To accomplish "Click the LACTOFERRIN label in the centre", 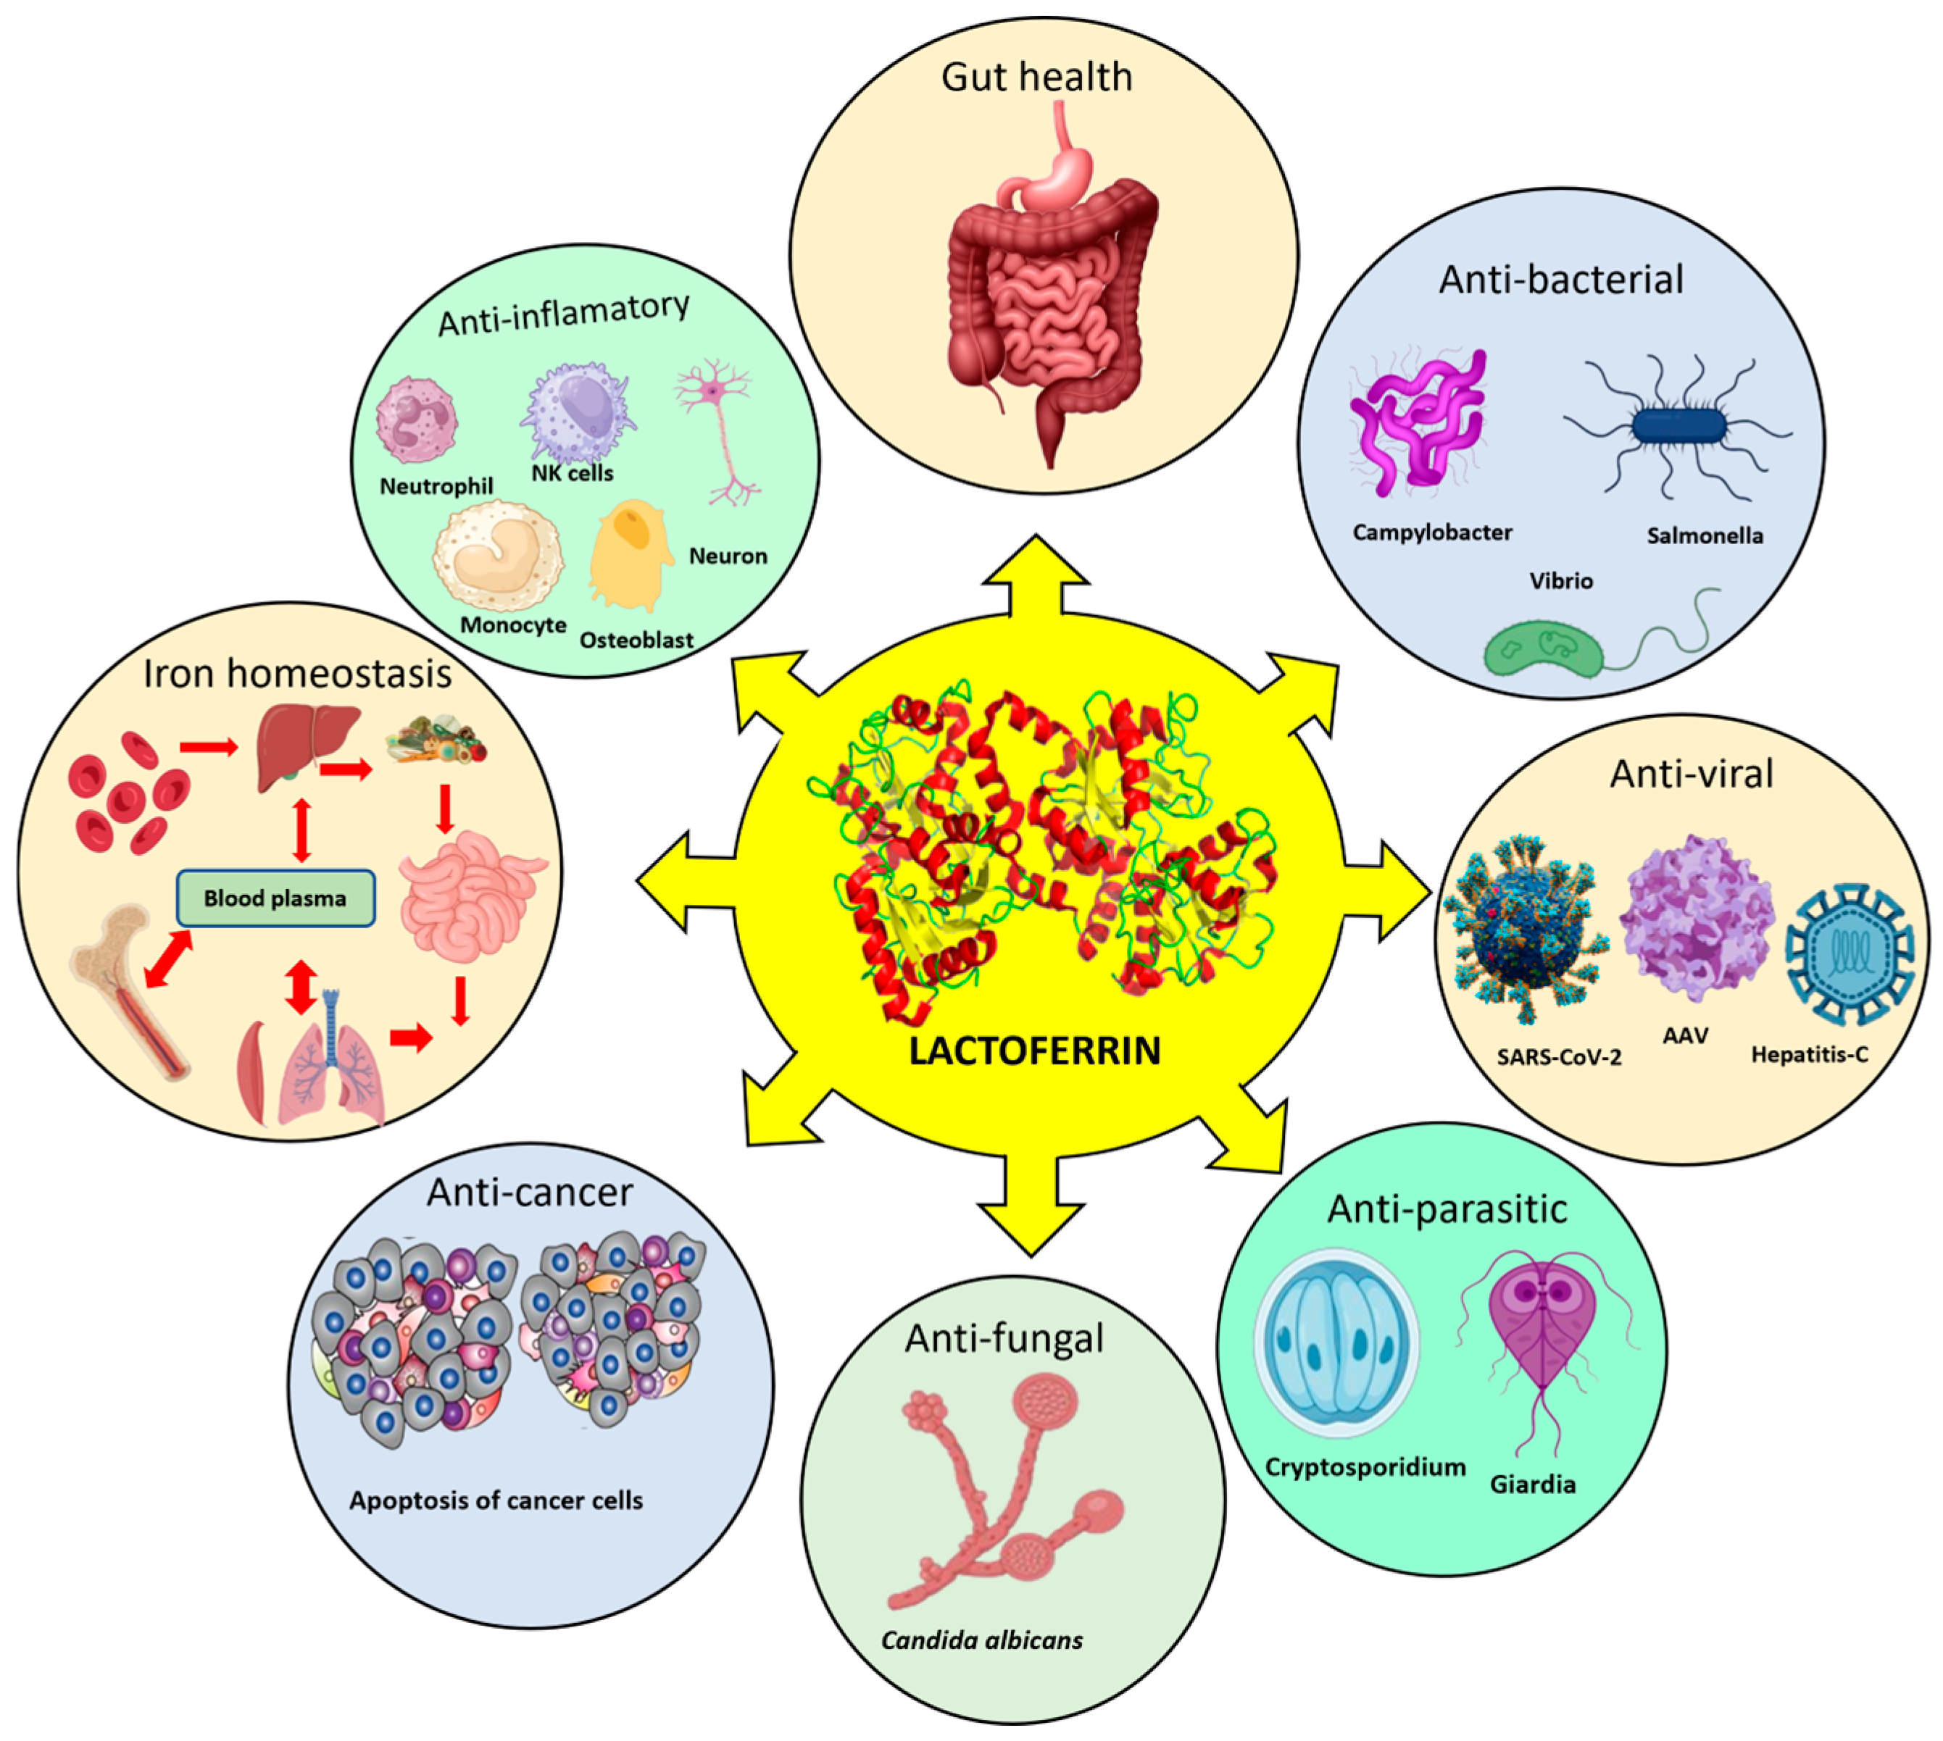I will (1034, 1051).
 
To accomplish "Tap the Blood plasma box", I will (275, 898).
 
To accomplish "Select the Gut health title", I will (1036, 78).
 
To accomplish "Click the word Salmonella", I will (1705, 535).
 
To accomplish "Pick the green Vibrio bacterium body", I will (1542, 651).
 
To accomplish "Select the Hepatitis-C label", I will (1809, 1054).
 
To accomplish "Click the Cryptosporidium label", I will (1365, 1467).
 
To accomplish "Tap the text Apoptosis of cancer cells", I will (496, 1500).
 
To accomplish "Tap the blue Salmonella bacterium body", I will (1679, 426).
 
